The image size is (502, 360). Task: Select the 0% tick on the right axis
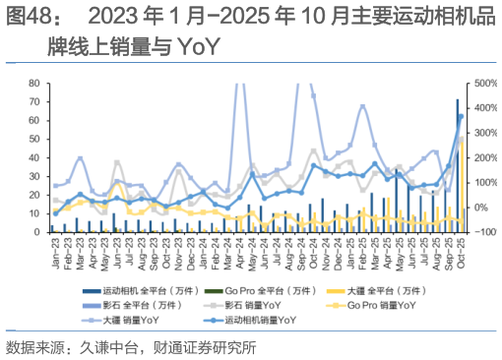click(x=480, y=208)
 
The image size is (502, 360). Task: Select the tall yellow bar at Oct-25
click(x=461, y=187)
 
